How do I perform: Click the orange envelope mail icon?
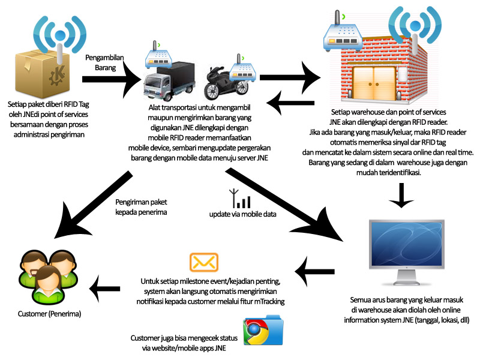pyautogui.click(x=203, y=262)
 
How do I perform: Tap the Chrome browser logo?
pyautogui.click(x=256, y=333)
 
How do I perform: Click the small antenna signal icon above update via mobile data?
pyautogui.click(x=235, y=198)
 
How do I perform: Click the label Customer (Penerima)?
pyautogui.click(x=50, y=314)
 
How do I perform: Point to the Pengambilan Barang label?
pyautogui.click(x=108, y=62)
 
